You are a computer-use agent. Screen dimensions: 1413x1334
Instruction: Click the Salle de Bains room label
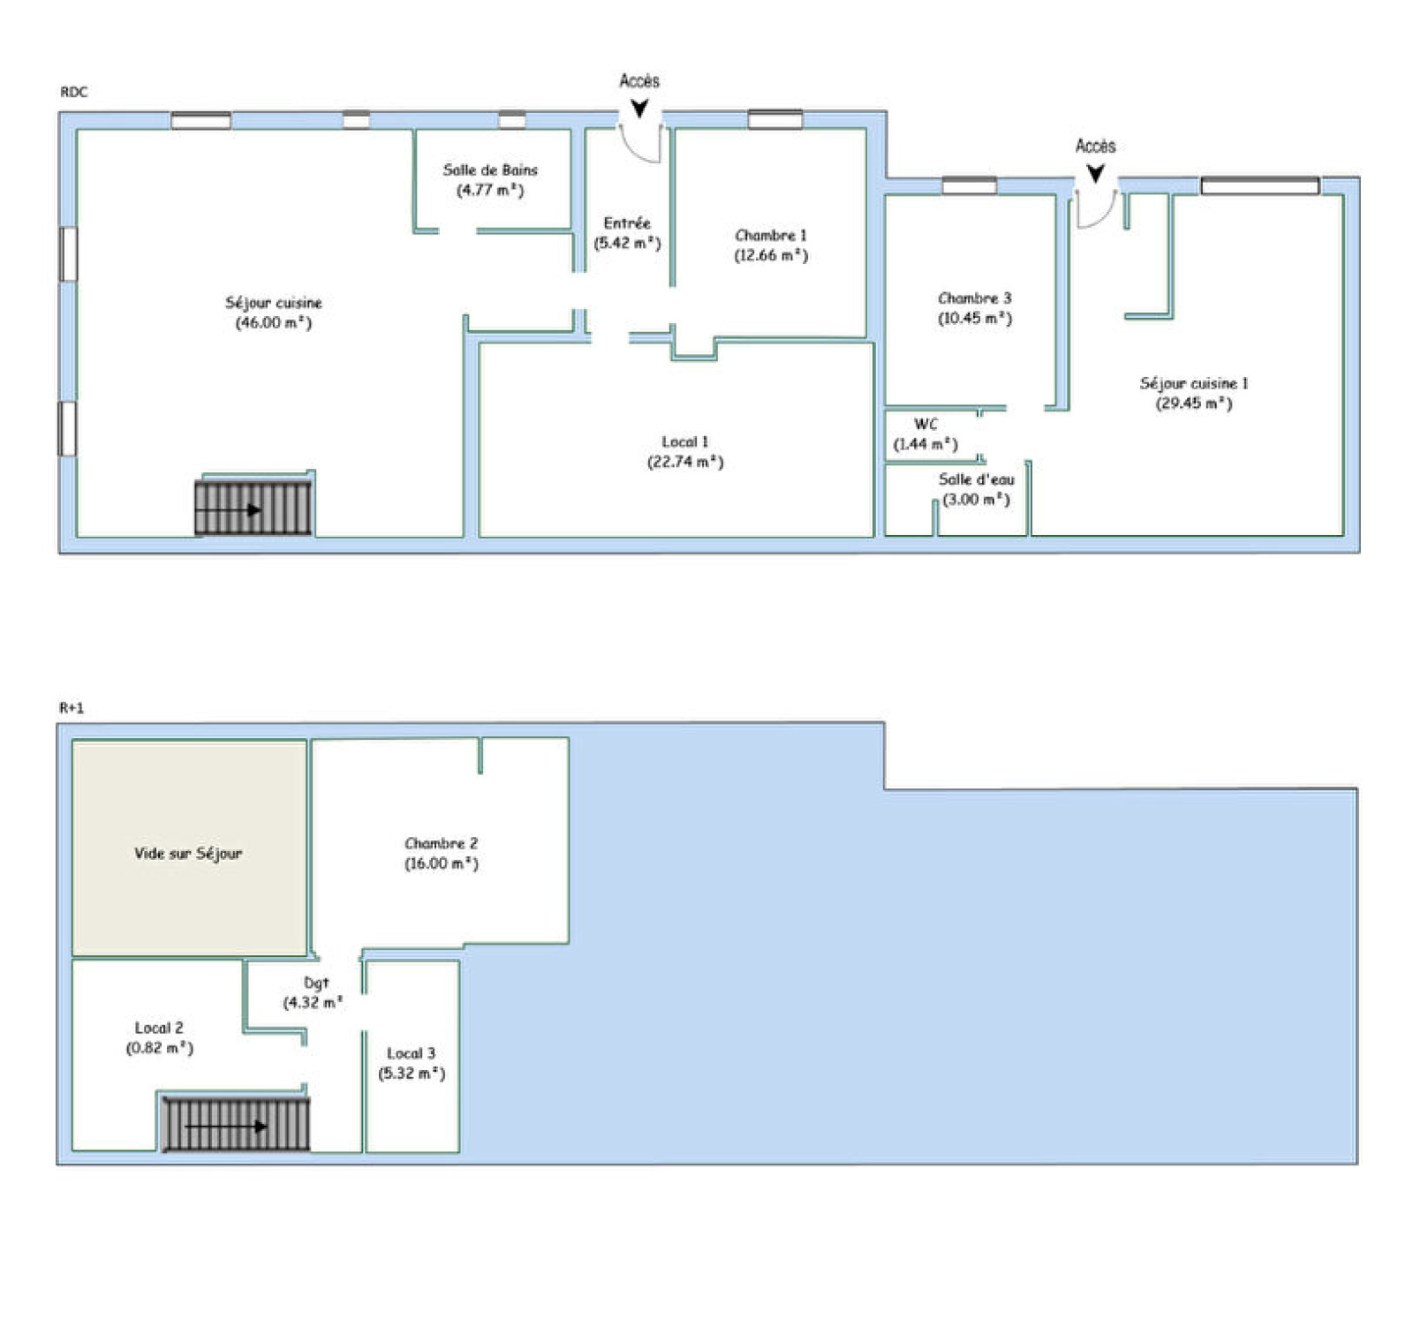(x=490, y=170)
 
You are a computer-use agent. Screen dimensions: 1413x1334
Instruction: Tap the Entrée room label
(x=627, y=223)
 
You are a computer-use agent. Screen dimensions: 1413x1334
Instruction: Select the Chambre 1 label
(x=771, y=235)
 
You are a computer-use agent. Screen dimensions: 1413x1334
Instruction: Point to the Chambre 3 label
(x=975, y=298)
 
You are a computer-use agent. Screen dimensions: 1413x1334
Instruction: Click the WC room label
(x=926, y=425)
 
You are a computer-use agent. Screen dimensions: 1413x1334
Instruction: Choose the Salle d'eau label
(x=977, y=479)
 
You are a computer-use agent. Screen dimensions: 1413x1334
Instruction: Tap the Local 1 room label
(x=685, y=441)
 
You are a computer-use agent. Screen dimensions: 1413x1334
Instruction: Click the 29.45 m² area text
(x=1194, y=403)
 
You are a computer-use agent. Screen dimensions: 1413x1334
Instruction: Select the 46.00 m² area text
(x=274, y=323)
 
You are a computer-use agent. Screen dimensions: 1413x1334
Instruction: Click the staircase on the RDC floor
(x=253, y=508)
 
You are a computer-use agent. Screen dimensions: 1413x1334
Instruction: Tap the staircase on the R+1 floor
(x=237, y=1124)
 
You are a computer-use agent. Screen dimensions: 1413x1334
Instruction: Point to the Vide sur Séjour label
(x=188, y=853)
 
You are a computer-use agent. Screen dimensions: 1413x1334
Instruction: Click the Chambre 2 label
(x=442, y=843)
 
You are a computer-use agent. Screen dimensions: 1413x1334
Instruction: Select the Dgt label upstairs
(x=316, y=983)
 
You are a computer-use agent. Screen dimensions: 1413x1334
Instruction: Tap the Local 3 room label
(x=412, y=1053)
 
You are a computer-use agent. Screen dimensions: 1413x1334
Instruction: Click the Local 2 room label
(x=159, y=1028)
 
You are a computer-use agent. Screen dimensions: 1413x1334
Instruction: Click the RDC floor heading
(x=74, y=92)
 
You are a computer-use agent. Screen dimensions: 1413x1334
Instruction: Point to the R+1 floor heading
(x=72, y=707)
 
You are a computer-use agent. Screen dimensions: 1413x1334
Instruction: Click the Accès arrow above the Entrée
(x=639, y=109)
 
